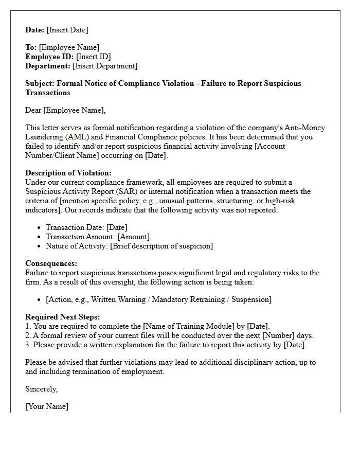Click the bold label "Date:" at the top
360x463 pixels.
[35, 30]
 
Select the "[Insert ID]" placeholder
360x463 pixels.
[94, 57]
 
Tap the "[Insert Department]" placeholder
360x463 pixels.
[105, 66]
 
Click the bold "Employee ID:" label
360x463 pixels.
[50, 57]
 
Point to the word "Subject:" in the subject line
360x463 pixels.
[40, 83]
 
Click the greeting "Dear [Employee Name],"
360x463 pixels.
[65, 110]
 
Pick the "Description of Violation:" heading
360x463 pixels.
[68, 173]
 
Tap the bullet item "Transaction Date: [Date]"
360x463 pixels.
[86, 227]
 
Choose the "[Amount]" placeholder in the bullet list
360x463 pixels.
[133, 237]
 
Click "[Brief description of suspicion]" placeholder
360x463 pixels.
[161, 246]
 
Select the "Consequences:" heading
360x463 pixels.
[51, 263]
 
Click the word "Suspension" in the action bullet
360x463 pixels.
[250, 299]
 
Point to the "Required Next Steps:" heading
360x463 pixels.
[63, 317]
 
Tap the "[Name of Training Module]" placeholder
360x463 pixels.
[187, 326]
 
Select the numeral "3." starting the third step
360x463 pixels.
[28, 345]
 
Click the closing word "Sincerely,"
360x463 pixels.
[42, 389]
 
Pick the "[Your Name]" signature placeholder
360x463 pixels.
[47, 406]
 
